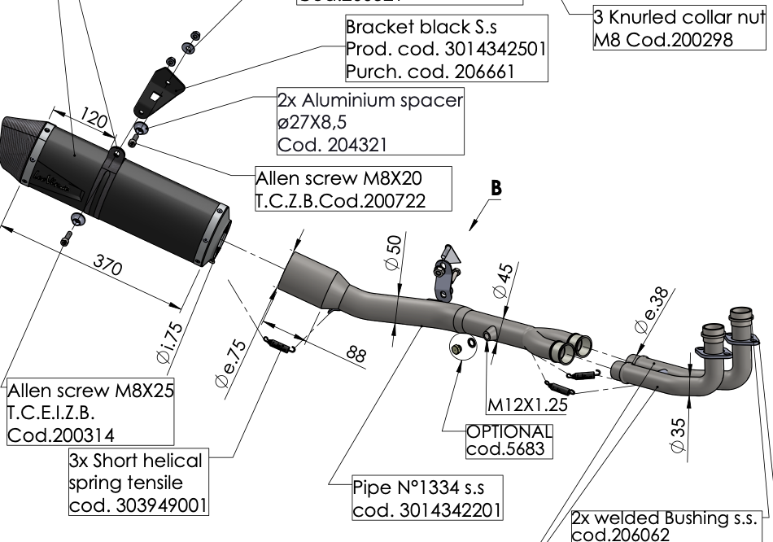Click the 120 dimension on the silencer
click(x=94, y=122)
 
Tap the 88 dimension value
click(x=356, y=352)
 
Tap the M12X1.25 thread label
click(x=526, y=403)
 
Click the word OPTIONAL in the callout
click(x=509, y=431)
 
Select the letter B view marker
click(x=496, y=188)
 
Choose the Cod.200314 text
click(x=61, y=435)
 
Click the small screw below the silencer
click(x=68, y=237)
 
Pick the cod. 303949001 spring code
click(x=138, y=505)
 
